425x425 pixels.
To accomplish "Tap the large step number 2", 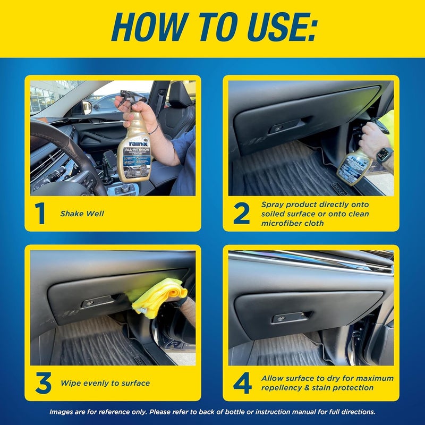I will (x=241, y=213).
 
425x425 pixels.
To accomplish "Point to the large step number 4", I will (x=242, y=382).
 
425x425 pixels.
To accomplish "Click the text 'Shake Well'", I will (x=82, y=214).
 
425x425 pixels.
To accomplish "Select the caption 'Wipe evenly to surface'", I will (x=105, y=383).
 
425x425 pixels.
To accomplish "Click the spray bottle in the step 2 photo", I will (x=353, y=167).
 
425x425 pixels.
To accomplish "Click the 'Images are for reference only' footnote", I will (x=212, y=412).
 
